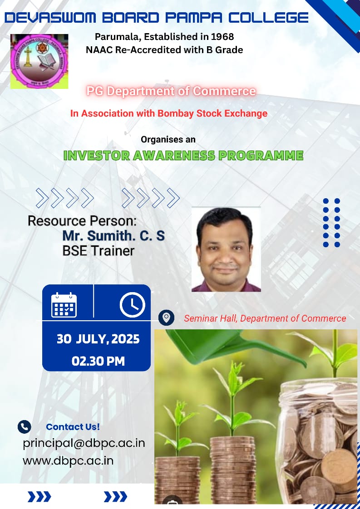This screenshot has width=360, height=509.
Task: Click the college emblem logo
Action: point(39,61)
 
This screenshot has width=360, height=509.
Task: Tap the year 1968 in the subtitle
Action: point(222,37)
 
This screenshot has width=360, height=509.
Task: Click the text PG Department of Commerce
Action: point(171,91)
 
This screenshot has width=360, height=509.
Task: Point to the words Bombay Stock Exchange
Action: point(212,113)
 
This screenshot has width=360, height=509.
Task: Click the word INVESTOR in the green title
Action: point(97,156)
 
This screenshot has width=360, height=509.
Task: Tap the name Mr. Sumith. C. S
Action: point(113,235)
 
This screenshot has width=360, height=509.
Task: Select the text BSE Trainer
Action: point(98,251)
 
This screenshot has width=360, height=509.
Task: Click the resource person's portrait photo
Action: point(226,250)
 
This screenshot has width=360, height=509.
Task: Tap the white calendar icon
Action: point(64,305)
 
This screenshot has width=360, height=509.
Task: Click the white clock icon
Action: point(132,305)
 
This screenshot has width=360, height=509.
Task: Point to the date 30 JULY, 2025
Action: point(98,339)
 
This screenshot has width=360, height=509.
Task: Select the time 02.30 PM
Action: point(98,361)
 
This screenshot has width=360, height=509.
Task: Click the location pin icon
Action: point(166,318)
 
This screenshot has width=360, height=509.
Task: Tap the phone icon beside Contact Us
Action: point(25,427)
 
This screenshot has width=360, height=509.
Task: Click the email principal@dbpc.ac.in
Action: point(84,443)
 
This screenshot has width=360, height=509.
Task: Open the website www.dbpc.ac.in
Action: point(68,461)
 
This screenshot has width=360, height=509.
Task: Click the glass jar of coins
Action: point(318,441)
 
